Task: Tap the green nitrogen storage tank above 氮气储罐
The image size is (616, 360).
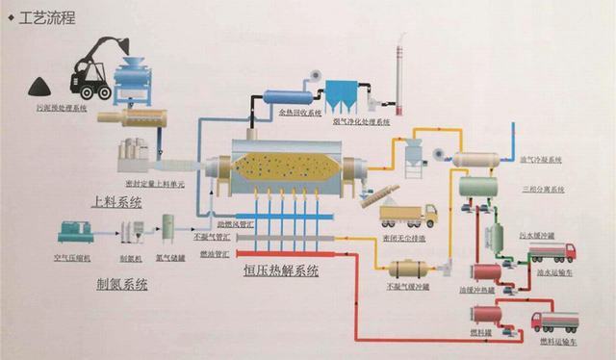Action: click(x=168, y=229)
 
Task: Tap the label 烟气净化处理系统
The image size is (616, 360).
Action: click(x=361, y=123)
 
